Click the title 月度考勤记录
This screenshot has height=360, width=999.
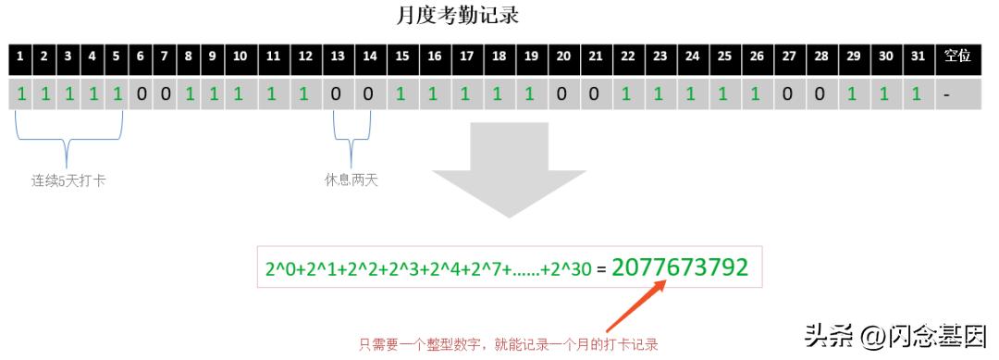coord(461,16)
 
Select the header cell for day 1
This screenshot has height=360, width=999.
coord(19,56)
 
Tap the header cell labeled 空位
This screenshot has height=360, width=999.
coord(957,56)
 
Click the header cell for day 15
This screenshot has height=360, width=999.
coord(401,56)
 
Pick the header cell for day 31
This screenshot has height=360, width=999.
coord(917,56)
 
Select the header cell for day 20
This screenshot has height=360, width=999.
coord(562,56)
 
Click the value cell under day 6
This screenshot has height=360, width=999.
coord(141,94)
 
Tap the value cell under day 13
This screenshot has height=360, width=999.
coord(337,94)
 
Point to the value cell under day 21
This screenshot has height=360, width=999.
coord(595,94)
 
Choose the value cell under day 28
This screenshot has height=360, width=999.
coord(820,94)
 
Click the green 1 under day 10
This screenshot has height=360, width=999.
coord(239,94)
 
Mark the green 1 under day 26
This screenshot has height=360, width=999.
coord(756,94)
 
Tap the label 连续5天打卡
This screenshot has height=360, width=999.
coord(68,180)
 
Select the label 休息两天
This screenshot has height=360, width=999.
coord(351,180)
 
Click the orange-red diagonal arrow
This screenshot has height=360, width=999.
coord(637,306)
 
